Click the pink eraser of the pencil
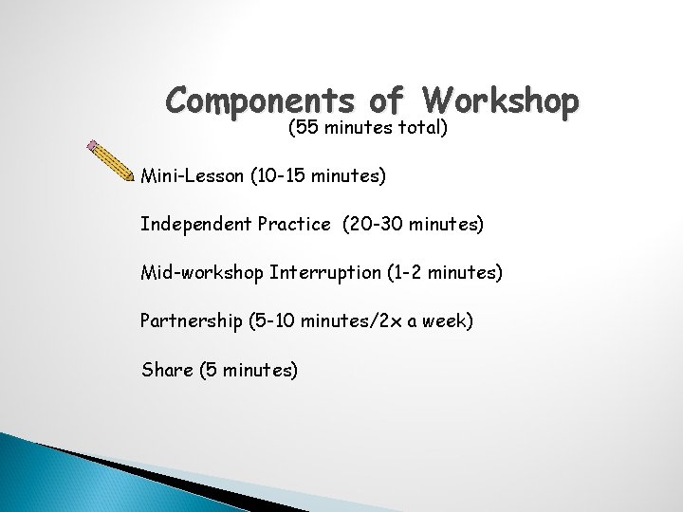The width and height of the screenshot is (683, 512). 92,147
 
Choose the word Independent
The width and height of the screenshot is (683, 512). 197,225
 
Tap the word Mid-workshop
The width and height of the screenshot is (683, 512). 201,273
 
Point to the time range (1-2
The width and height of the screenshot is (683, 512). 401,273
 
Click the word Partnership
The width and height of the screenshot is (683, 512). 190,321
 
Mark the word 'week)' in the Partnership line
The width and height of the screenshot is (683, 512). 446,321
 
